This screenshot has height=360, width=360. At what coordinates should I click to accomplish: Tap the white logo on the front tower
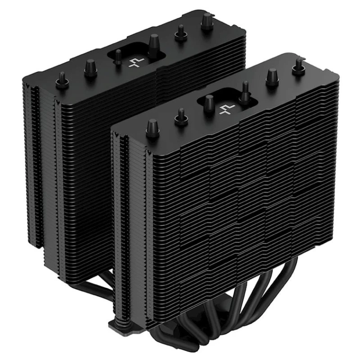pos(224,108)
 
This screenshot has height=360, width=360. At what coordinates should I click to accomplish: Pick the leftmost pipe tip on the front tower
pos(152,126)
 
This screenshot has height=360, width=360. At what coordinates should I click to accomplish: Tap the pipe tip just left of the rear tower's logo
pos(118,56)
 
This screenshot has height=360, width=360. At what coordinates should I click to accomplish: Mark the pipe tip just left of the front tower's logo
pos(209,102)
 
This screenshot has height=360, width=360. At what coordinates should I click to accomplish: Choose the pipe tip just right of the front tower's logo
pos(245,90)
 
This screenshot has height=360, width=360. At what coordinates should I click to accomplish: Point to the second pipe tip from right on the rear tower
pos(181,31)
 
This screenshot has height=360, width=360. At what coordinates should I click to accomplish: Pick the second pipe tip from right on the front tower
pos(272,76)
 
